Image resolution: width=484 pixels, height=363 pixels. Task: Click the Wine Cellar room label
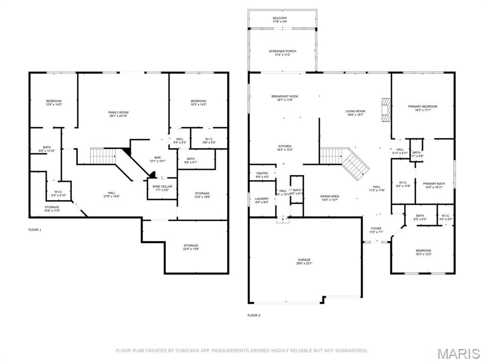click(162, 188)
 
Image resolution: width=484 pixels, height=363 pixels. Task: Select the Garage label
click(304, 261)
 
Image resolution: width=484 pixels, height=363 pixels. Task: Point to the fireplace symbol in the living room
click(387, 111)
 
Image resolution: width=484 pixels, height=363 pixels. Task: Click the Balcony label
click(279, 20)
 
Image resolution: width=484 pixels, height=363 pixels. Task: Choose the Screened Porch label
click(283, 53)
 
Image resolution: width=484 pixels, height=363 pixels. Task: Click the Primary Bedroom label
click(423, 108)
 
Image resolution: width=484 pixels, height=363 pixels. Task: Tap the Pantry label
click(262, 175)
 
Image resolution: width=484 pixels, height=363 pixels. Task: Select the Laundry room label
click(262, 200)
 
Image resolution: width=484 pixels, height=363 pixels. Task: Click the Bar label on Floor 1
click(158, 159)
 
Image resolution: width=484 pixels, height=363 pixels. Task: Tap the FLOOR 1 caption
click(35, 230)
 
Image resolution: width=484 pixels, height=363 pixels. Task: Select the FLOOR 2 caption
click(254, 315)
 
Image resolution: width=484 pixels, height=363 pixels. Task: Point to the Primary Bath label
click(433, 185)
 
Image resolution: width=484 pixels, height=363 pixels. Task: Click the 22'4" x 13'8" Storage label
click(191, 247)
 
